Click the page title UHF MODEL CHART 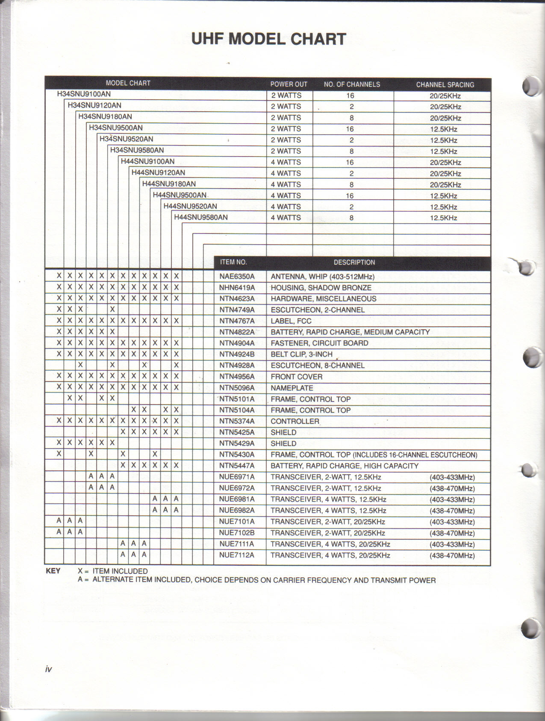pos(268,39)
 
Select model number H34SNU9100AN pos(84,94)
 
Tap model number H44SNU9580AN pos(200,217)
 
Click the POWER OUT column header pos(289,84)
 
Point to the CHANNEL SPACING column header pos(445,85)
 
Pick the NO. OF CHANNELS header pos(352,84)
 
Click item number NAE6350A pos(237,277)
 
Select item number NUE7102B pos(237,533)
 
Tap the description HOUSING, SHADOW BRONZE pos(321,288)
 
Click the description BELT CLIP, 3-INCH pos(301,354)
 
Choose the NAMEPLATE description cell pos(292,388)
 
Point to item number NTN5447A pos(237,466)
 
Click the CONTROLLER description pos(295,421)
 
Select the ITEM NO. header pos(233,262)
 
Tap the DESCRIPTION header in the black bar pos(354,262)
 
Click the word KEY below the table pos(53,571)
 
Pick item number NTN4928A pos(237,366)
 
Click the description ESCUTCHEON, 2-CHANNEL pos(318,310)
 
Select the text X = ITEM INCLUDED pos(113,571)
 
